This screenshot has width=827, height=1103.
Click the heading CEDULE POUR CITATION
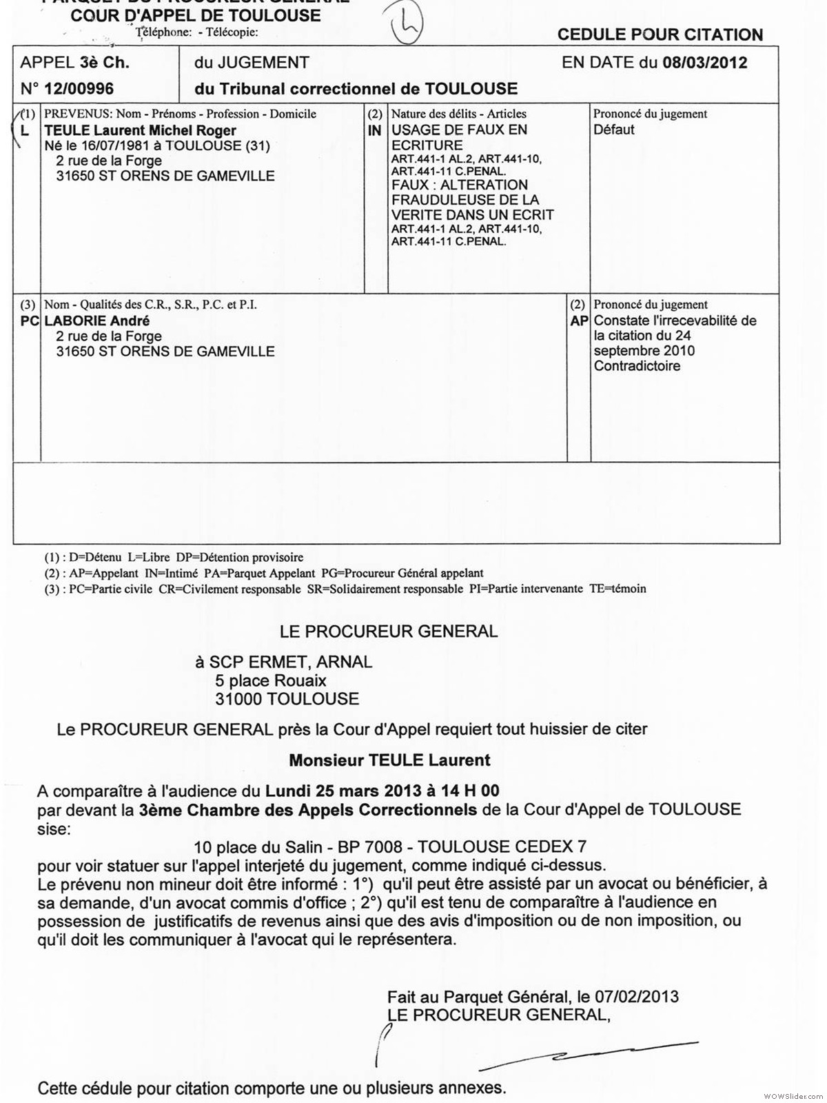click(660, 34)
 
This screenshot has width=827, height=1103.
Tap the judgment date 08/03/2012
click(704, 63)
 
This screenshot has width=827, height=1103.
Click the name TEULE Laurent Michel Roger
click(140, 130)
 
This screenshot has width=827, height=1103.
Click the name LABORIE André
click(96, 321)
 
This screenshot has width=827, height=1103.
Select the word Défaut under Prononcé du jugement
click(614, 130)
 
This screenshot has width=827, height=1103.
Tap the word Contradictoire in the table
click(637, 366)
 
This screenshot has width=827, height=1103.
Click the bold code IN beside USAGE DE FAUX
click(374, 130)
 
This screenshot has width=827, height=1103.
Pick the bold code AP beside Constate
click(579, 321)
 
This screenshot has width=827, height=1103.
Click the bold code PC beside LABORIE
click(29, 321)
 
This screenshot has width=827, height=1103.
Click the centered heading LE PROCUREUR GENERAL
click(388, 631)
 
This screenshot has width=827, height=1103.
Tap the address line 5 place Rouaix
click(270, 681)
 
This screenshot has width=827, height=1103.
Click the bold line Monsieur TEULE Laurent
click(389, 760)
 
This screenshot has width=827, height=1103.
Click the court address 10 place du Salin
click(258, 847)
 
